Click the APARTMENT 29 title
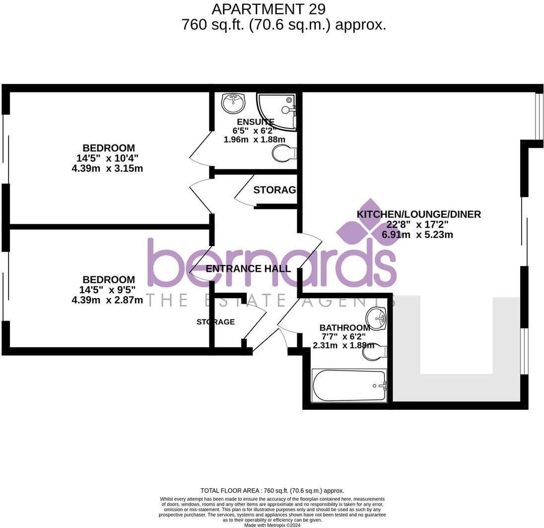(269, 9)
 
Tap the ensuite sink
(233, 103)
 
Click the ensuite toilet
(284, 153)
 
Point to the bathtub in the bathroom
(348, 386)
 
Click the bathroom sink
(376, 318)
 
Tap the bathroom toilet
(375, 352)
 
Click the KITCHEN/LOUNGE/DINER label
(418, 214)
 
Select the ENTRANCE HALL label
(248, 269)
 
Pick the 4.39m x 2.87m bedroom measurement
(107, 300)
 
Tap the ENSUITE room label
(255, 122)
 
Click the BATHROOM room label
(344, 328)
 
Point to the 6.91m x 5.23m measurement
(417, 235)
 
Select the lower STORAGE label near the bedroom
(215, 322)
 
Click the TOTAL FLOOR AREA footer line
(272, 491)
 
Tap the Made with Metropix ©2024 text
(272, 525)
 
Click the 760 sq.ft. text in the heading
(213, 25)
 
